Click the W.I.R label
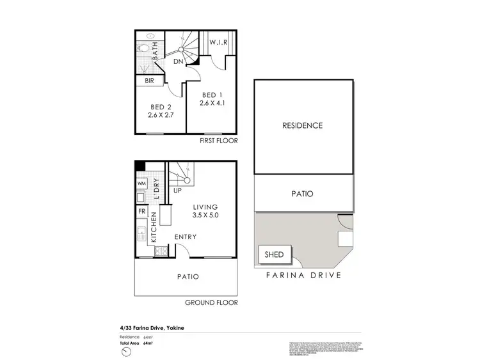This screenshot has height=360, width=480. click(x=219, y=43)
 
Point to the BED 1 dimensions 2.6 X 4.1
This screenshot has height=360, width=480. click(x=212, y=102)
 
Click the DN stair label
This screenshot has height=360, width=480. click(x=179, y=61)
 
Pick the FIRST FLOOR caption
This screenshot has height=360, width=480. click(x=219, y=140)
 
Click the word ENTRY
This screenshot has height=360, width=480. click(x=185, y=237)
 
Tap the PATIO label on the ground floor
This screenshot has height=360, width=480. click(x=185, y=277)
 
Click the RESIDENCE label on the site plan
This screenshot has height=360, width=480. click(x=302, y=125)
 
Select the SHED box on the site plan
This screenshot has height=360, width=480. click(x=274, y=254)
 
